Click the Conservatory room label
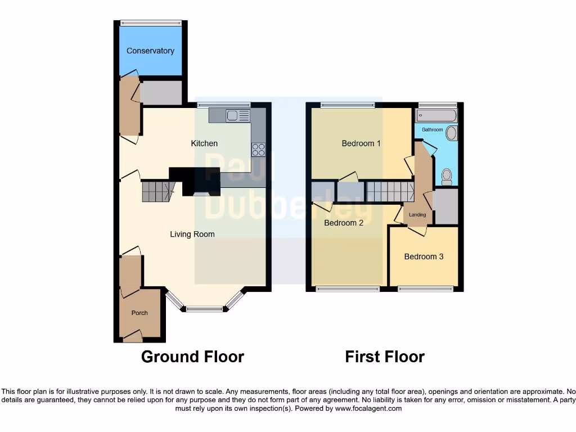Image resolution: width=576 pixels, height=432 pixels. (150, 51)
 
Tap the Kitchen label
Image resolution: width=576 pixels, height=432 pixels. (204, 143)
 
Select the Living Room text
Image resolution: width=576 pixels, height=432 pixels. (192, 234)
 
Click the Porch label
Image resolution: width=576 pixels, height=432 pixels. (139, 313)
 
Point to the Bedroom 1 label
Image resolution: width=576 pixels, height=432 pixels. (361, 143)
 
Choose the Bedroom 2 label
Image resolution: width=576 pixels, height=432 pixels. (344, 223)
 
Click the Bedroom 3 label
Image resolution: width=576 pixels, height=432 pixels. (424, 256)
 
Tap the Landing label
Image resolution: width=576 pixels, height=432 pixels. (417, 215)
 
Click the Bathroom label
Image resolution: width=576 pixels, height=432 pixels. (433, 130)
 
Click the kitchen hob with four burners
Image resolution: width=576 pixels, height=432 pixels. (259, 149)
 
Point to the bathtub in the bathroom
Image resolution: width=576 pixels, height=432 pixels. (436, 116)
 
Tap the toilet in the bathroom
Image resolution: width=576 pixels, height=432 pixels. (447, 177)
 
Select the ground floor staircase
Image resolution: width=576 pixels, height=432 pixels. (156, 191)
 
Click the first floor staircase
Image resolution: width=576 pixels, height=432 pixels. (390, 191)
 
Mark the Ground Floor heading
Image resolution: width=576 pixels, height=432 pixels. (192, 357)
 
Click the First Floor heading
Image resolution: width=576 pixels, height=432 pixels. (385, 357)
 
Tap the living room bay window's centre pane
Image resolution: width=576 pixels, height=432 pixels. (204, 308)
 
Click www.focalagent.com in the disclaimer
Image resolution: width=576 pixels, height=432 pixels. (368, 408)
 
